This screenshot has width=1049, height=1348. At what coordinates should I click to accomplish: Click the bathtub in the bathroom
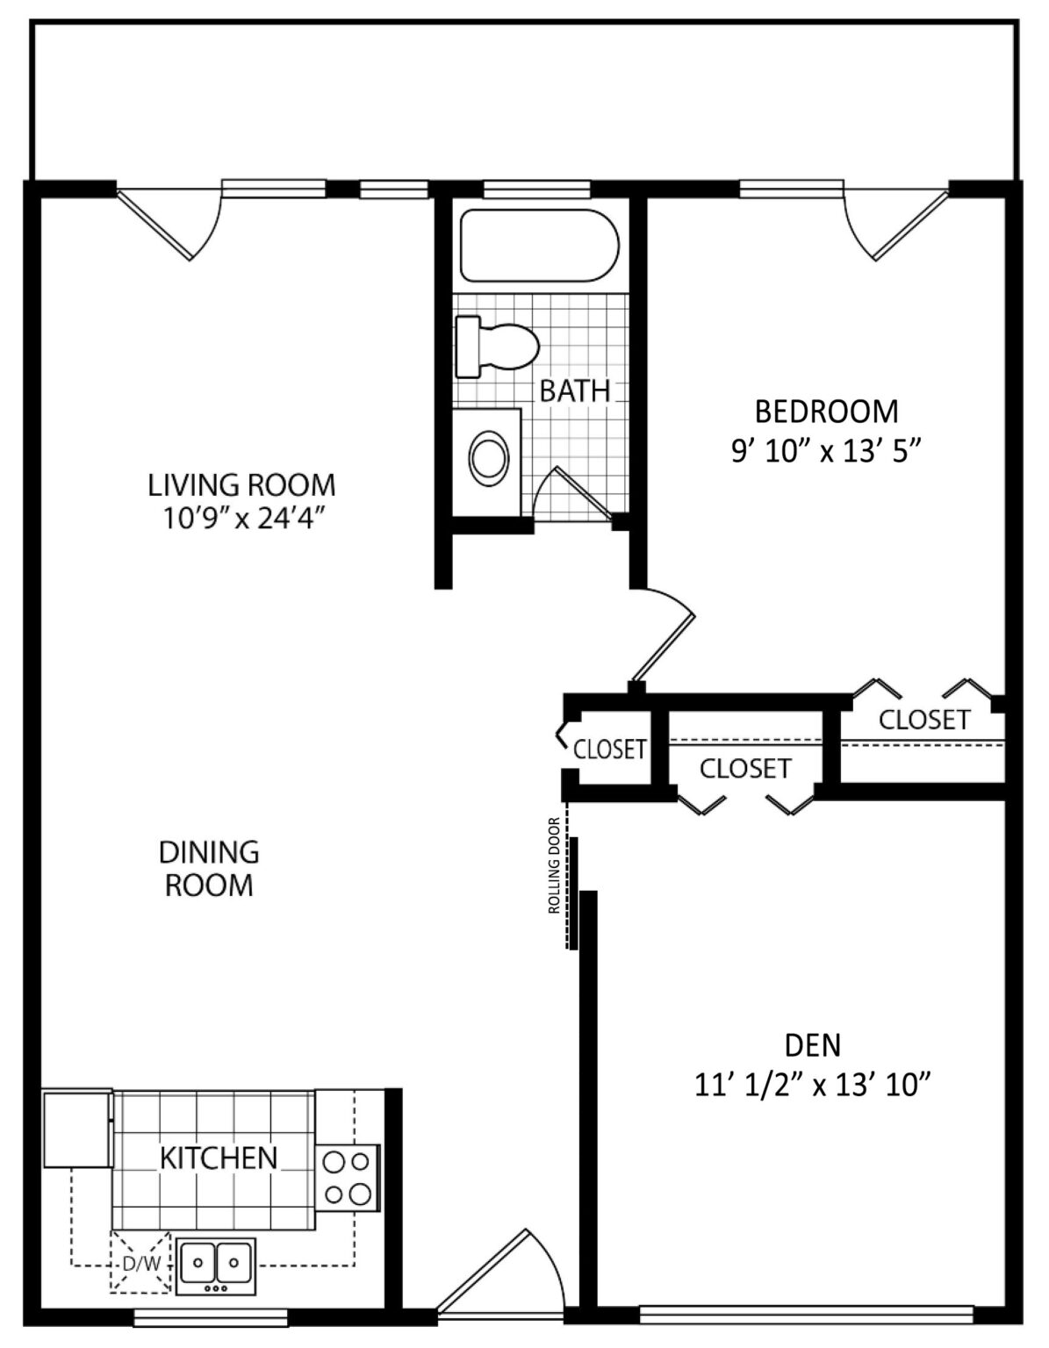click(540, 245)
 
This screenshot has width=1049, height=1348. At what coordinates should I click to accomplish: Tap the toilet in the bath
click(497, 347)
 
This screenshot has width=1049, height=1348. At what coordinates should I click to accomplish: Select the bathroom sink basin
click(489, 457)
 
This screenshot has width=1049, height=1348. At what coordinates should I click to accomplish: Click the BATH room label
click(574, 391)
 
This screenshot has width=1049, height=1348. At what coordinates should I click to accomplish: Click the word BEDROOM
click(827, 411)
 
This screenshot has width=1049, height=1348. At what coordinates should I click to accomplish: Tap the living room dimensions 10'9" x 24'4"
click(241, 519)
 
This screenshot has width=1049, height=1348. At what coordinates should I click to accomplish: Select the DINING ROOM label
click(209, 868)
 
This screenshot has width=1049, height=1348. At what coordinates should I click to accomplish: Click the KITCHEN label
click(218, 1158)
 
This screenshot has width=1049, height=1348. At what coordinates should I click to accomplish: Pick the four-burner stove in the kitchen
click(347, 1177)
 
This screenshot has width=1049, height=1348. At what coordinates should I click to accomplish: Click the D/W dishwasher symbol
click(140, 1263)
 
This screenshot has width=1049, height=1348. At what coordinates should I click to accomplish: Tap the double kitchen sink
click(216, 1264)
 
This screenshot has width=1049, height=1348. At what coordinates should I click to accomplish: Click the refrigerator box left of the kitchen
click(76, 1129)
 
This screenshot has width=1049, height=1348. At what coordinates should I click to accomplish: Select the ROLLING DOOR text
click(554, 867)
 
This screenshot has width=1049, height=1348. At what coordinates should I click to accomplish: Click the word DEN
click(812, 1045)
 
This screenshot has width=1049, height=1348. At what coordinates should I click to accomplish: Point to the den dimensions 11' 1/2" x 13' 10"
click(812, 1086)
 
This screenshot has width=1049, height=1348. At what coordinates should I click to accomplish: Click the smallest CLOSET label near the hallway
click(609, 749)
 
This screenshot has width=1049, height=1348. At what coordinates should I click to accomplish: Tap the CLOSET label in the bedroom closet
click(924, 720)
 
